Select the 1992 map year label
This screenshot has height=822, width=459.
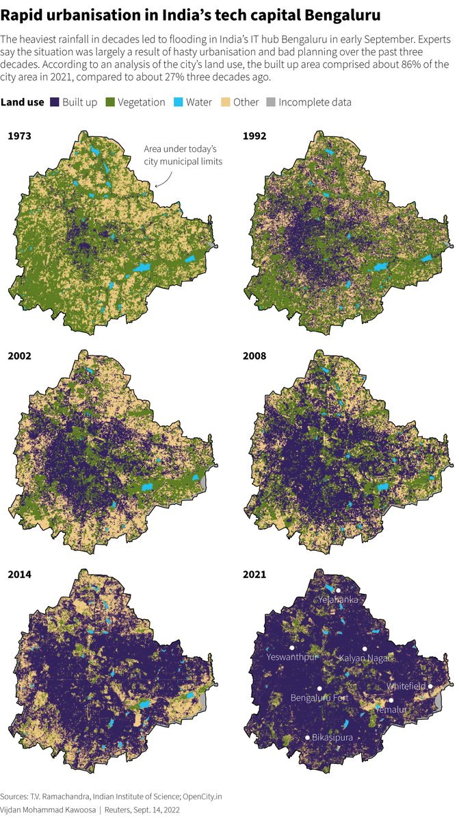coord(255,136)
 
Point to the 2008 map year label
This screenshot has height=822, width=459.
coord(255,356)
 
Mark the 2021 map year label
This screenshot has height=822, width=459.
coord(255,574)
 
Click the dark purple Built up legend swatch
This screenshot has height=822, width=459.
coord(55,102)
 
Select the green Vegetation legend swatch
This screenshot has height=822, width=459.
coord(110,102)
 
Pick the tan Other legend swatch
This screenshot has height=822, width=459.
coord(225,102)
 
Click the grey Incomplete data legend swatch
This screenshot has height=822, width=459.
coord(272,102)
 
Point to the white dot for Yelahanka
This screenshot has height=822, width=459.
coord(338,590)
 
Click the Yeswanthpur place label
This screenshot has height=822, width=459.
coord(292,657)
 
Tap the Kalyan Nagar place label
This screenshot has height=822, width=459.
coord(365,658)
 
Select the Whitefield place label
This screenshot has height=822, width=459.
coord(406,686)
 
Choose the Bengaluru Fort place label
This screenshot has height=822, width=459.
coord(319,697)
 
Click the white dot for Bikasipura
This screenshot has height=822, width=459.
coord(307,738)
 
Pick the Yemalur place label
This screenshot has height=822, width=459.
coord(391,710)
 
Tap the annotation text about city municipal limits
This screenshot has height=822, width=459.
coord(180,155)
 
